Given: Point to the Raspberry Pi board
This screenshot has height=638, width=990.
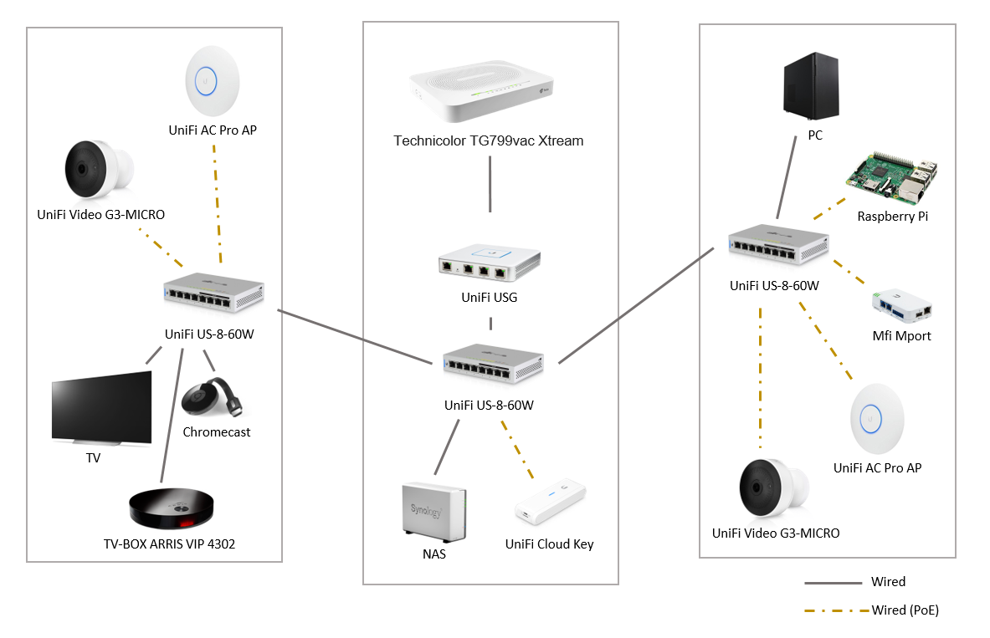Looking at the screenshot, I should (x=891, y=180).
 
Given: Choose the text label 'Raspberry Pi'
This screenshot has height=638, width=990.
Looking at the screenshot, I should (x=892, y=217).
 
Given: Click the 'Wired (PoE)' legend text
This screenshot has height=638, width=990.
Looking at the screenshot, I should (x=905, y=610).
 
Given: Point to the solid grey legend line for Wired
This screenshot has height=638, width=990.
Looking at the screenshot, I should (x=833, y=582).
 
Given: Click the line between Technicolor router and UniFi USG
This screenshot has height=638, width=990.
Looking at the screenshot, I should (x=490, y=189).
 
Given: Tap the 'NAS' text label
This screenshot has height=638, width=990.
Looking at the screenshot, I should (x=433, y=554).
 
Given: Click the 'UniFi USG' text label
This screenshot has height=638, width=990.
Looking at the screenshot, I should (x=490, y=297).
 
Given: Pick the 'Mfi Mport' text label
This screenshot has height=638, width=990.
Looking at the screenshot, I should (x=901, y=336).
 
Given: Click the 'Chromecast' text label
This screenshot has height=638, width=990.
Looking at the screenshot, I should (x=217, y=432).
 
